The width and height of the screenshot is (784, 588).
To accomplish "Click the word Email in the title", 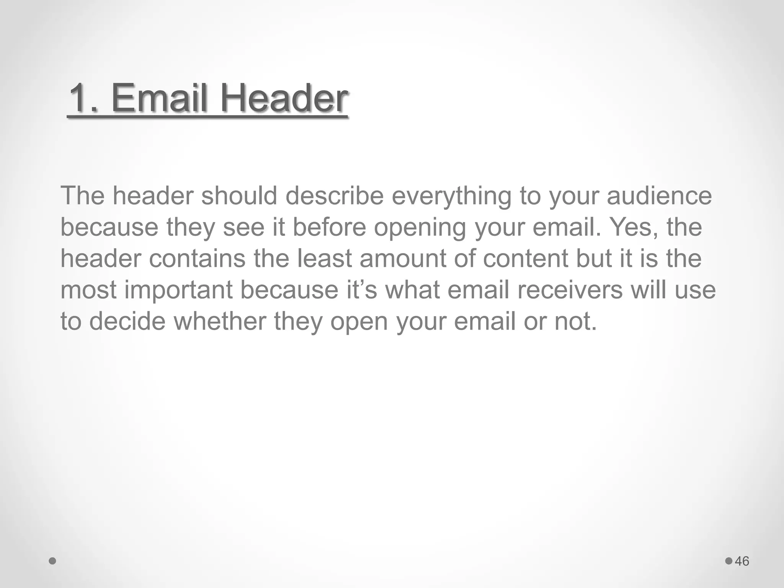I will [160, 98].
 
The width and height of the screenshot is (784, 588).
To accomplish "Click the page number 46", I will [742, 561].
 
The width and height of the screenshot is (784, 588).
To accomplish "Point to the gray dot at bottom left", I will [53, 561].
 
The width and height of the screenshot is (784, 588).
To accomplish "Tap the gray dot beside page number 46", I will [728, 561].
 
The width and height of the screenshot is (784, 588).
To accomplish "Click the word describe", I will [334, 196].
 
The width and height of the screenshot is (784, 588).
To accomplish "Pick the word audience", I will [659, 196].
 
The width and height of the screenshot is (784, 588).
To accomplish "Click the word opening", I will [420, 228].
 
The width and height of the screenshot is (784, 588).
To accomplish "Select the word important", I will [179, 291].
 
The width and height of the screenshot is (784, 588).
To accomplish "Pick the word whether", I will [220, 321].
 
